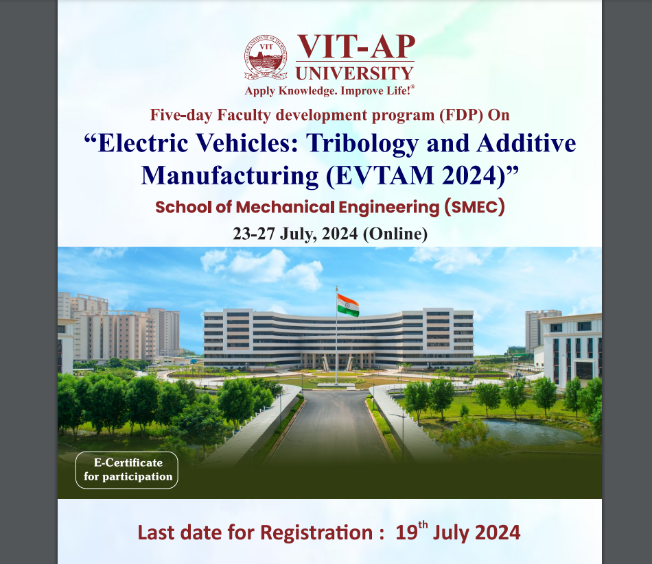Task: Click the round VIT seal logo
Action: click(x=266, y=58)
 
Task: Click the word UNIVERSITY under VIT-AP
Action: click(x=354, y=73)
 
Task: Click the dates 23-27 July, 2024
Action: click(x=295, y=234)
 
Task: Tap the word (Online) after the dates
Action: click(x=395, y=234)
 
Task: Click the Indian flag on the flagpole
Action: click(x=348, y=304)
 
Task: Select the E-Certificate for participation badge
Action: click(x=127, y=470)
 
